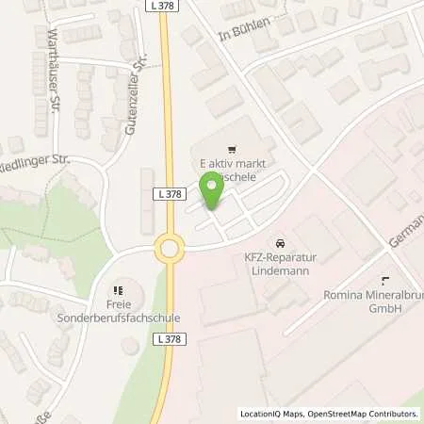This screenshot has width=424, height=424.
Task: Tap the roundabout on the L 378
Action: click(170, 250)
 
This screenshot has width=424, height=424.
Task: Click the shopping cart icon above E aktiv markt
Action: click(229, 149)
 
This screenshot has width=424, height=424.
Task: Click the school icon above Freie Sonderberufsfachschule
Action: click(119, 290)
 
